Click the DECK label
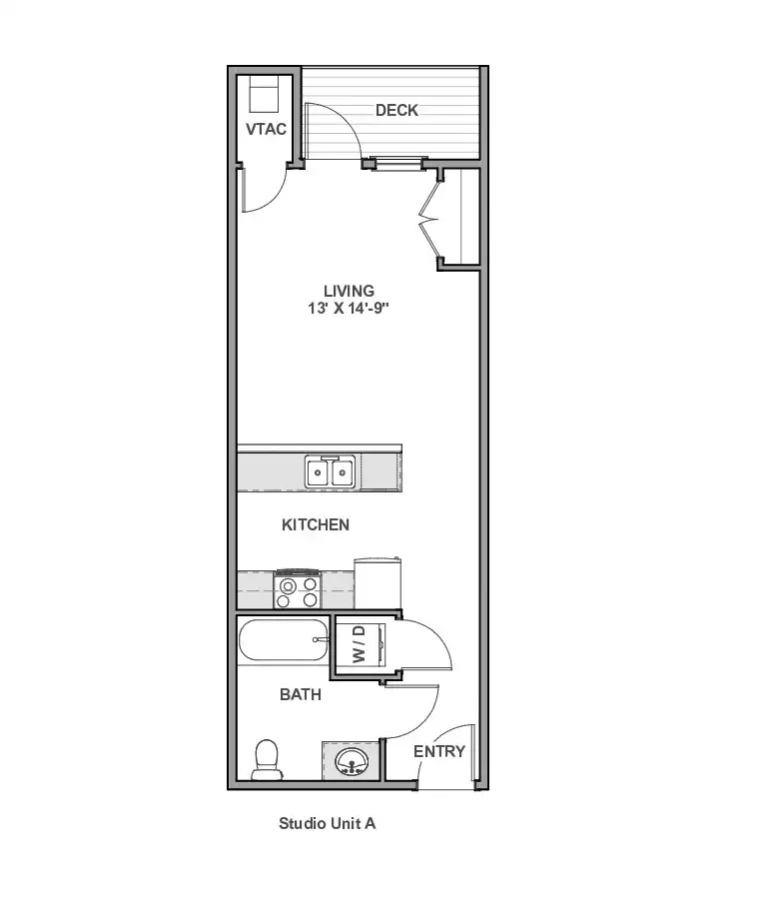[x=396, y=110]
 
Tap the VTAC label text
[x=267, y=129]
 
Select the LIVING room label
[x=349, y=291]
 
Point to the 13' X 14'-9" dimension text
[x=348, y=308]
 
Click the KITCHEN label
[x=316, y=524]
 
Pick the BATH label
[x=301, y=694]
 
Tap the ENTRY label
[x=439, y=751]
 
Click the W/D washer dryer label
[x=359, y=644]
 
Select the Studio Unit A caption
[x=327, y=823]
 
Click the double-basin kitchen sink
[x=330, y=471]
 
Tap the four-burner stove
[x=298, y=588]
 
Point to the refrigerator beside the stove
[x=378, y=583]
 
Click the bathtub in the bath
[x=284, y=640]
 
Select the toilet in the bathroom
[x=267, y=760]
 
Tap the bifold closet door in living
[x=430, y=219]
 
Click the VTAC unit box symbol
[x=264, y=95]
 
